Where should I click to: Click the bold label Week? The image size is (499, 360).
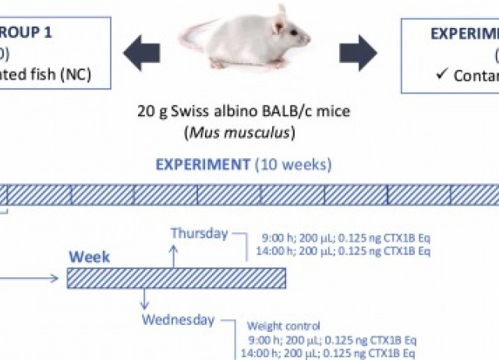click(90, 256)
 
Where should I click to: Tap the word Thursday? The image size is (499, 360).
click(200, 233)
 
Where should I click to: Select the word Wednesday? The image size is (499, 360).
click(178, 319)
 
